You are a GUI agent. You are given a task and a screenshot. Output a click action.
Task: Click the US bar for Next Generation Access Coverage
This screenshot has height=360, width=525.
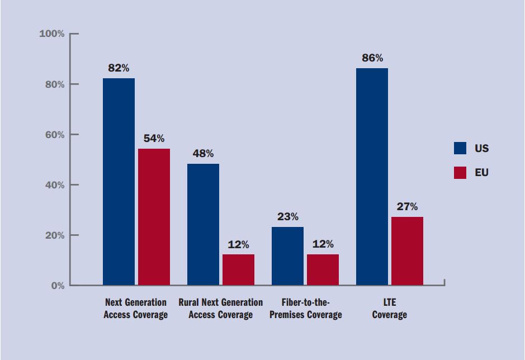119,182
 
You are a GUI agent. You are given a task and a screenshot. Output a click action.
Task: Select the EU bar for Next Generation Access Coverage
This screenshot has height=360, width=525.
154,217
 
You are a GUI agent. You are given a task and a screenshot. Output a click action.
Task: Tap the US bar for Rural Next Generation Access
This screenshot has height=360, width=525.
203,224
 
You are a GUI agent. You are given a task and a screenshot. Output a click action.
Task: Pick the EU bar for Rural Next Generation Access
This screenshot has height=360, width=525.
238,269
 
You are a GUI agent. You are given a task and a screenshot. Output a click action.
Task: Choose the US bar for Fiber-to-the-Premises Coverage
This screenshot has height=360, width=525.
287,256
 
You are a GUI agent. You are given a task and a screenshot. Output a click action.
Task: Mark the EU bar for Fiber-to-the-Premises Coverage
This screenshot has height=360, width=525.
323,269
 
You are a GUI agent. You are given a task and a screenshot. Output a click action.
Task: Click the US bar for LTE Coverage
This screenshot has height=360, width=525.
372,177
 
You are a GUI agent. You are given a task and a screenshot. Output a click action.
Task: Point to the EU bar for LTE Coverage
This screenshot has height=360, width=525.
407,251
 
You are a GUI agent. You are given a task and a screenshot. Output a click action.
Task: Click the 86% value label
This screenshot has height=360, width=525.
372,58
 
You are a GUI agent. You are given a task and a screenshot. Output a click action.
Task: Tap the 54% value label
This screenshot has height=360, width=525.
154,138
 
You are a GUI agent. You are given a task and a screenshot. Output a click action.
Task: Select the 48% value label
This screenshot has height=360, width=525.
203,153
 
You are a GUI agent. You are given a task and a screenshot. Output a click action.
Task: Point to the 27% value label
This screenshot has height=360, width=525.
407,206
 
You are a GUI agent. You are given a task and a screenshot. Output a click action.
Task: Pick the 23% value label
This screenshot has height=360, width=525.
287,216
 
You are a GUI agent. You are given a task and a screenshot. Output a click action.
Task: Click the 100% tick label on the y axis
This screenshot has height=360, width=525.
51,34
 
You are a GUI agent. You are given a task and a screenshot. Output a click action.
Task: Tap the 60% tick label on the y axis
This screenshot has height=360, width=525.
54,135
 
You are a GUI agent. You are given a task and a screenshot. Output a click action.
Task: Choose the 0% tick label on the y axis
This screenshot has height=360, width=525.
58,286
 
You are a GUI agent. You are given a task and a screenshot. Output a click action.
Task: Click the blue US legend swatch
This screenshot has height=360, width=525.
460,148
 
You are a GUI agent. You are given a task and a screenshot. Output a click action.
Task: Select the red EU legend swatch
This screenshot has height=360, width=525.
460,173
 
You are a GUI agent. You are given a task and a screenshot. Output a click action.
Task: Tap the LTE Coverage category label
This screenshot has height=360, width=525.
389,309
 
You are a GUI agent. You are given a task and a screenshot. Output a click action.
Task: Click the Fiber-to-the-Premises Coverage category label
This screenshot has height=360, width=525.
305,309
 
